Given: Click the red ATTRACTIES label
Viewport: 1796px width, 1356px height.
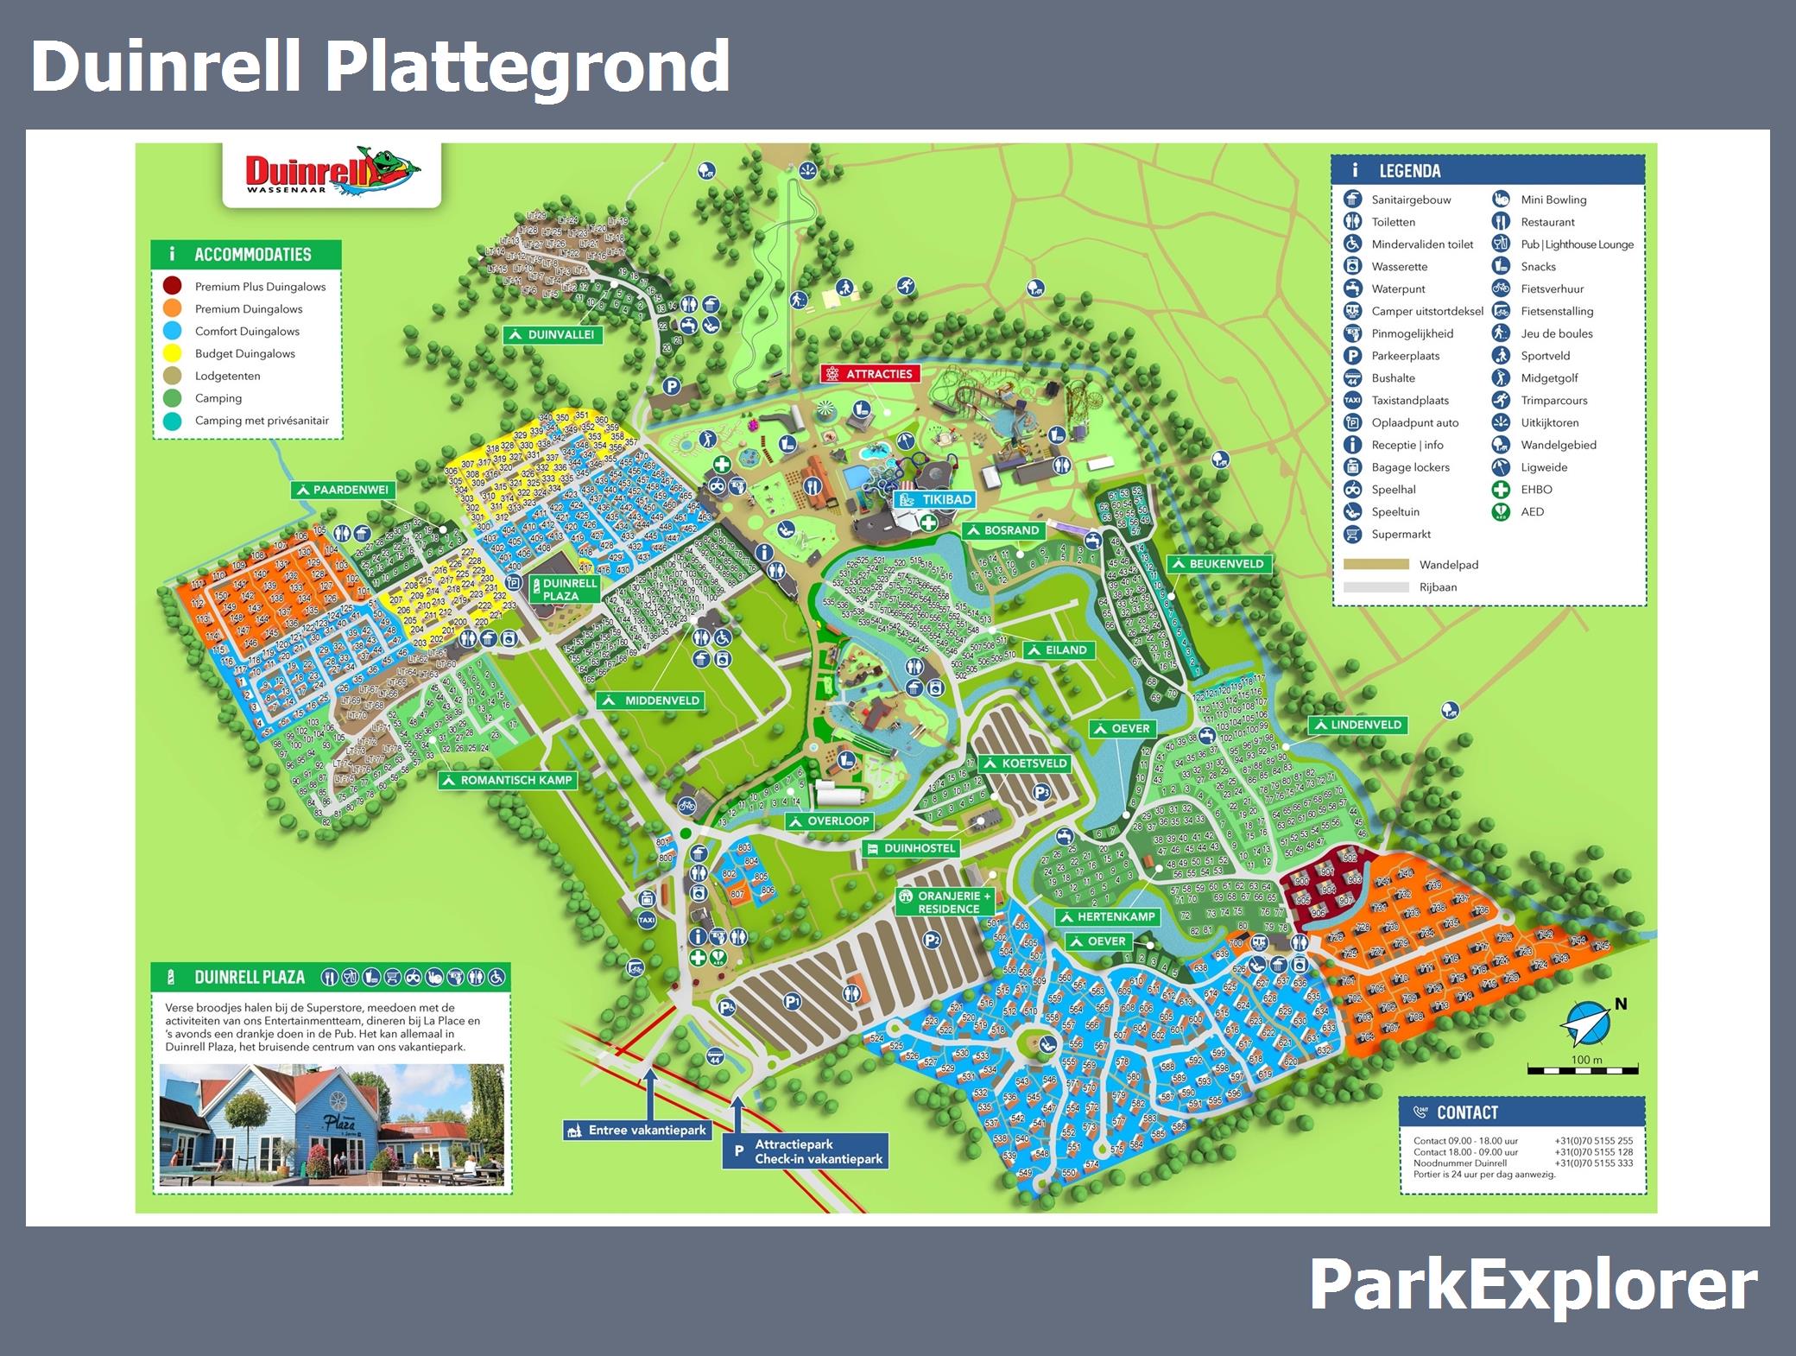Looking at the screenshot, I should pyautogui.click(x=870, y=374).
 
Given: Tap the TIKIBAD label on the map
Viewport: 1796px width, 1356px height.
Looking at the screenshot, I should pyautogui.click(x=937, y=500).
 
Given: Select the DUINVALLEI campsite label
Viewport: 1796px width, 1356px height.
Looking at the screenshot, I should pyautogui.click(x=553, y=335).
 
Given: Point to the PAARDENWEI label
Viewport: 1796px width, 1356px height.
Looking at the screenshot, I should pyautogui.click(x=342, y=491).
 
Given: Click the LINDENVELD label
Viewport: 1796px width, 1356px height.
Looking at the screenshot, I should pyautogui.click(x=1357, y=726).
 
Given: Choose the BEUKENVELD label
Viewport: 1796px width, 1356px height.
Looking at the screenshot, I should pyautogui.click(x=1217, y=564).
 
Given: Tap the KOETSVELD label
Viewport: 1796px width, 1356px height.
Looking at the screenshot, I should pyautogui.click(x=1025, y=764).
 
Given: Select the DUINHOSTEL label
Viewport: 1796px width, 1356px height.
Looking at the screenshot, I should pyautogui.click(x=911, y=848).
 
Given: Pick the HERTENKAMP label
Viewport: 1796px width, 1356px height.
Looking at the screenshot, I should pyautogui.click(x=1108, y=917).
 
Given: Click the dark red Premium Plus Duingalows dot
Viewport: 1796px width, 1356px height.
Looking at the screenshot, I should pyautogui.click(x=173, y=286).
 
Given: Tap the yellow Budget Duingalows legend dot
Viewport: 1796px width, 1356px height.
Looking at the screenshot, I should pyautogui.click(x=173, y=353).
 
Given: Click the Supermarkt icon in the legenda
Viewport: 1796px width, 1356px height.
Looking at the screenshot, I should pyautogui.click(x=1353, y=534).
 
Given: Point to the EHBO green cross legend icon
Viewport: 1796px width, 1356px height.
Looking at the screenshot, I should pyautogui.click(x=1502, y=490).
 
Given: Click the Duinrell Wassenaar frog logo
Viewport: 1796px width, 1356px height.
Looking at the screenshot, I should pyautogui.click(x=332, y=174).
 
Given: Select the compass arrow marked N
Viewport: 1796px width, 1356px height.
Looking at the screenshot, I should pyautogui.click(x=1587, y=1024).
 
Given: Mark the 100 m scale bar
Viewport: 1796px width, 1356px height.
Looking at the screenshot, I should pyautogui.click(x=1582, y=1071).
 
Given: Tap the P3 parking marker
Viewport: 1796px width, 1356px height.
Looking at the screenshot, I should pyautogui.click(x=1041, y=793).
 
